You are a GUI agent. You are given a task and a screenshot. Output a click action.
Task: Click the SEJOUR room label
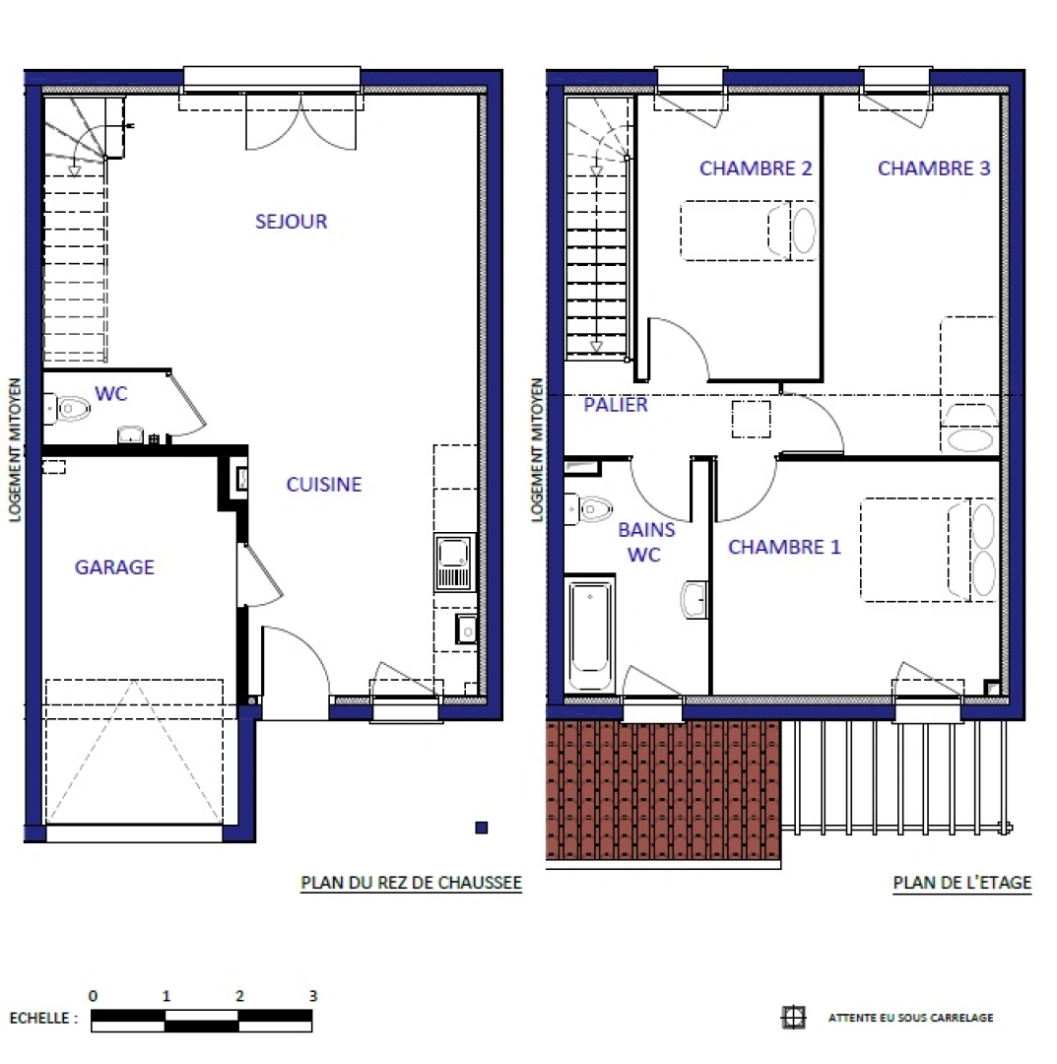point(291,222)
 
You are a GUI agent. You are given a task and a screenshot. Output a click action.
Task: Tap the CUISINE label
point(324,485)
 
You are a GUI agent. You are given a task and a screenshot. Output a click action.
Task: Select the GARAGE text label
point(114,567)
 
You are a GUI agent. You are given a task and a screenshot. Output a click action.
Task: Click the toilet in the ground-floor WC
point(69,407)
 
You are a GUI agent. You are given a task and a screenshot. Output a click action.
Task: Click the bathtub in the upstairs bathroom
point(590,634)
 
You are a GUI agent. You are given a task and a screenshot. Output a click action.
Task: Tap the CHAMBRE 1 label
point(784,547)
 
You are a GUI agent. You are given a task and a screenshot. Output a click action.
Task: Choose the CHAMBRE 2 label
point(756,168)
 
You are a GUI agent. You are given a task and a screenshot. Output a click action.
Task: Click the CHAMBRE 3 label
point(934,168)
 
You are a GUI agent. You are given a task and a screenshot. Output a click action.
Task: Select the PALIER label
point(616,404)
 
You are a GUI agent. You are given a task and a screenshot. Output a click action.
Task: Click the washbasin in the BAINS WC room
point(695,599)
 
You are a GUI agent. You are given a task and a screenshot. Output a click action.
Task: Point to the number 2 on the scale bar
point(240,996)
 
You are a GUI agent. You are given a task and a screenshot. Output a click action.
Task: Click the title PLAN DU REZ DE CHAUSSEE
point(411,883)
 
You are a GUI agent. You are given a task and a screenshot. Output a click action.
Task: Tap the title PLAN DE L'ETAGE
point(961,883)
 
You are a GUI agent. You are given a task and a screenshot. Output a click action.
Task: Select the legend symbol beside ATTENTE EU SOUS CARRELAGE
point(793,1018)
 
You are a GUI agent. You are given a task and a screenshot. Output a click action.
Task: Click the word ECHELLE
point(42,1019)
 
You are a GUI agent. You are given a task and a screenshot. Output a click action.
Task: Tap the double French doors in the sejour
point(300,123)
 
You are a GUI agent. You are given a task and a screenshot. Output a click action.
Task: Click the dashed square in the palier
point(752,420)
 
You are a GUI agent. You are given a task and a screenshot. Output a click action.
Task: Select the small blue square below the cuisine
point(481,829)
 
